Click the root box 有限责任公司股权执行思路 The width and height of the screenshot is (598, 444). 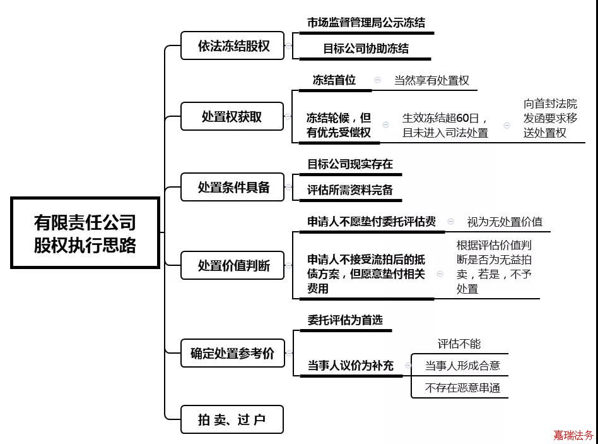click(x=85, y=233)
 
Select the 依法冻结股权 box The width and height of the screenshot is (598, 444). click(x=233, y=45)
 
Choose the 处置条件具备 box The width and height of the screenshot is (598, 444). click(x=233, y=187)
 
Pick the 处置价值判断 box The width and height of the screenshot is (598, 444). click(x=233, y=265)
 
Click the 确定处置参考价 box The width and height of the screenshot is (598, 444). click(x=232, y=354)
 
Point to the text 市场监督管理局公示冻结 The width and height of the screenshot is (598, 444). click(x=366, y=22)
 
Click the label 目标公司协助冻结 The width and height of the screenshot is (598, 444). click(x=366, y=48)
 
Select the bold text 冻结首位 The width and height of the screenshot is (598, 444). click(x=334, y=80)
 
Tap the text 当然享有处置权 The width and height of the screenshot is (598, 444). click(x=431, y=81)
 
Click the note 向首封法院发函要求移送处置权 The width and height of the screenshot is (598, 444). click(x=550, y=118)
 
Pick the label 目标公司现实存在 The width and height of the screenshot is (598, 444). click(x=350, y=164)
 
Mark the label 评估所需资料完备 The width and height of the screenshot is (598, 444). click(x=350, y=189)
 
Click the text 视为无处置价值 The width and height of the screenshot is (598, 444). click(x=504, y=222)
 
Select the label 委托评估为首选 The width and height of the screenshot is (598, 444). click(x=345, y=320)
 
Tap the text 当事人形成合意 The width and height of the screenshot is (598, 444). click(x=462, y=365)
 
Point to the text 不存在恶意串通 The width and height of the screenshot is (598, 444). click(x=462, y=388)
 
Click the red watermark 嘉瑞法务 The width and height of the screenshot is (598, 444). click(x=573, y=435)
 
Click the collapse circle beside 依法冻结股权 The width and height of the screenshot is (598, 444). click(x=288, y=45)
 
